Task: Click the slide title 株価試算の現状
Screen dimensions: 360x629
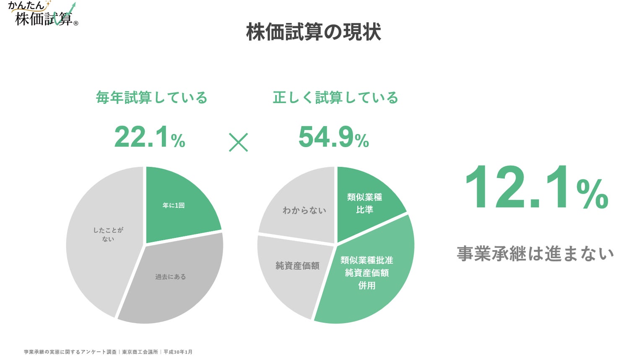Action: click(x=313, y=32)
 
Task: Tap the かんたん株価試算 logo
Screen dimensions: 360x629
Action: click(x=42, y=14)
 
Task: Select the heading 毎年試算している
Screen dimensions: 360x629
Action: click(x=152, y=98)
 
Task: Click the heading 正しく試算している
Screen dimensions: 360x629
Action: click(x=335, y=98)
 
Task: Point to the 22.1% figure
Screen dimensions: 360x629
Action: click(x=149, y=137)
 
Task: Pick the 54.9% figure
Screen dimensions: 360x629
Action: click(x=333, y=137)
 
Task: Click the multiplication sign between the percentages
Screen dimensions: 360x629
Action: click(x=238, y=142)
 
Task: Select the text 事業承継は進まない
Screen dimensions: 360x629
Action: click(x=535, y=254)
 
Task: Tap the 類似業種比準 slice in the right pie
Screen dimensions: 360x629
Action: click(x=365, y=203)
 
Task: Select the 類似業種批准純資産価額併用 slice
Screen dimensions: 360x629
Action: click(x=367, y=272)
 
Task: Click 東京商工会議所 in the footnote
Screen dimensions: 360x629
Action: click(x=140, y=352)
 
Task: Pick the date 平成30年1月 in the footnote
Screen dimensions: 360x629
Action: click(x=178, y=352)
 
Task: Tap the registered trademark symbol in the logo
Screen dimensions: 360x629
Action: click(x=76, y=23)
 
